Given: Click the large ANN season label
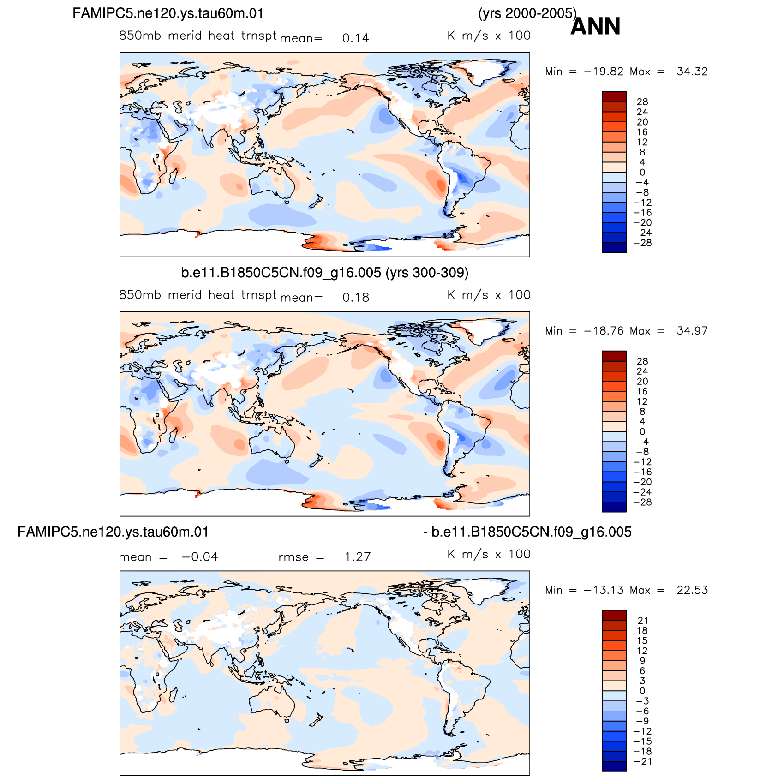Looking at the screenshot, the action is coord(595,26).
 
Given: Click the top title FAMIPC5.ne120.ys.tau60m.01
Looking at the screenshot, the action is coord(168,13).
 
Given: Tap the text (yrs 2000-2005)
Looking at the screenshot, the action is coord(527,13).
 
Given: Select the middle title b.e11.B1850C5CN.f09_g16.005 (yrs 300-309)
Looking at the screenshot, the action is coord(324,273).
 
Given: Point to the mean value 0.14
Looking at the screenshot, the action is coord(356,38).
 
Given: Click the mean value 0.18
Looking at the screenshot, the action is coord(356,298).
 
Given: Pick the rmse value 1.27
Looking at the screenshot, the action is coord(358,557).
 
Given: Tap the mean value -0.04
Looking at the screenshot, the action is coord(200,557).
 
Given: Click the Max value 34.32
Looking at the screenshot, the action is coord(692,72).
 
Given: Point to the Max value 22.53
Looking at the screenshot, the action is coord(692,590).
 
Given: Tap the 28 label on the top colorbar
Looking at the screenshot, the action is coord(642,102).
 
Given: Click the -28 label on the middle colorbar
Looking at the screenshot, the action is coord(642,502).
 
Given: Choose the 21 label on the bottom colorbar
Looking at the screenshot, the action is coord(643,621).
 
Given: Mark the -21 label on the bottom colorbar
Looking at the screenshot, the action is coord(642,761).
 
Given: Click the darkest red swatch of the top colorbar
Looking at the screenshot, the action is coord(614,96).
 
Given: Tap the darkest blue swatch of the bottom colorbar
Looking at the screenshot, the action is coord(614,766).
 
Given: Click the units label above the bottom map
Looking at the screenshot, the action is coord(489,554).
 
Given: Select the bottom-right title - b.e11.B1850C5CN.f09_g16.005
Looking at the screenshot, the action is coord(527,532).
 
